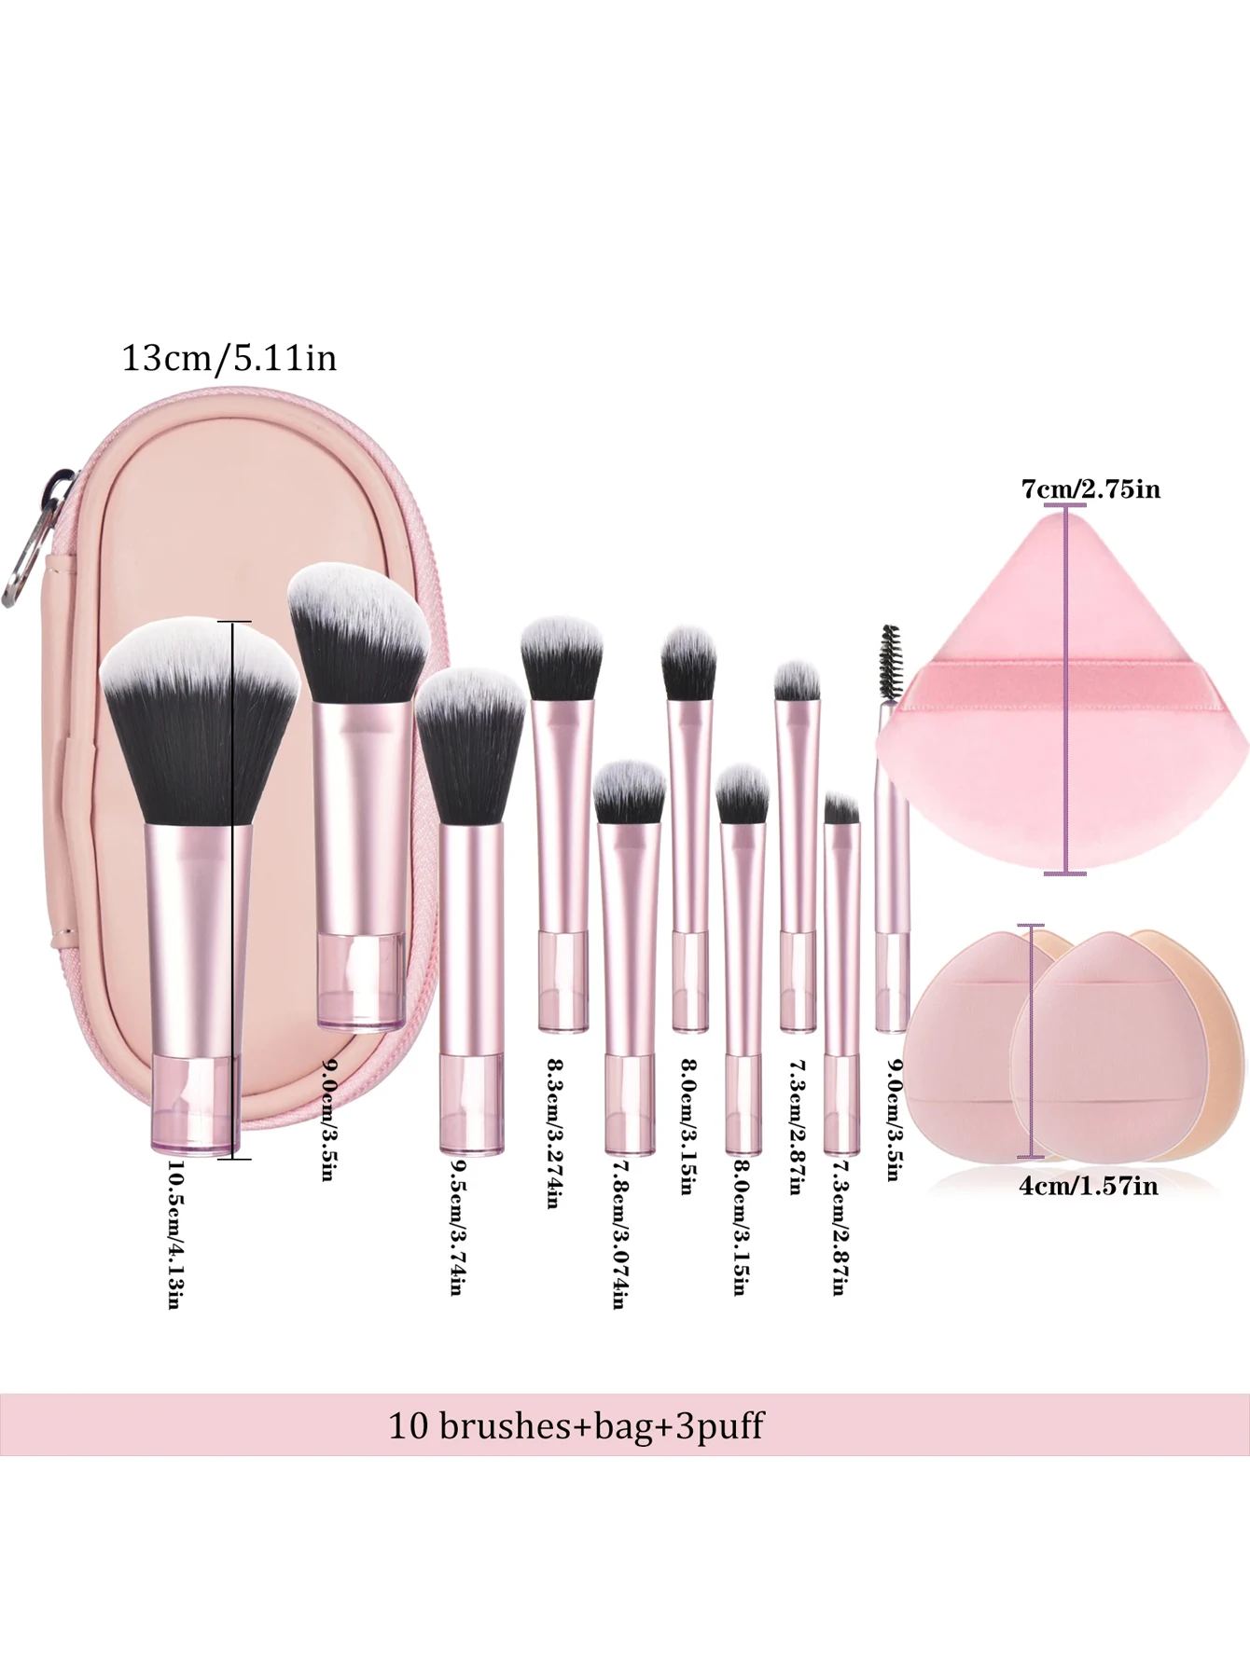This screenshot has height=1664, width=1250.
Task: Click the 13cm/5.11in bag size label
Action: (x=229, y=359)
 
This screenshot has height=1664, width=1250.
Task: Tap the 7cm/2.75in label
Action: (x=1090, y=489)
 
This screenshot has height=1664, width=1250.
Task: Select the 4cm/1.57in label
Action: (x=1089, y=1186)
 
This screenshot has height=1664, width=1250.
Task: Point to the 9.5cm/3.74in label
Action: (x=457, y=1236)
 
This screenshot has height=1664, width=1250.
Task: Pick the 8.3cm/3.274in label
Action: (x=553, y=1134)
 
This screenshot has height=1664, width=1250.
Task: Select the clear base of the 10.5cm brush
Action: (x=195, y=1105)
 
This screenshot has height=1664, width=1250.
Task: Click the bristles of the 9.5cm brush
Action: (x=470, y=746)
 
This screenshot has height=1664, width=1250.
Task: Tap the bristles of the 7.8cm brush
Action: (x=629, y=791)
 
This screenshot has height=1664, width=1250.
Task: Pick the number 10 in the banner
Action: (x=408, y=1425)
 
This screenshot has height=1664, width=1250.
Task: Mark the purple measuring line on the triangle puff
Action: (x=1065, y=690)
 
